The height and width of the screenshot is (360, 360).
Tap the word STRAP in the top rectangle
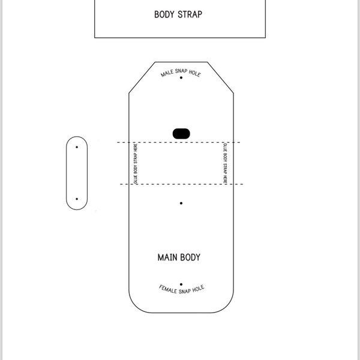190,14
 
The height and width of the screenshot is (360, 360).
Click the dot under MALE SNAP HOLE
181,77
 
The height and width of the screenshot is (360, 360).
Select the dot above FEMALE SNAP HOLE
181,284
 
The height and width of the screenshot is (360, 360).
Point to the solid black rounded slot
181,134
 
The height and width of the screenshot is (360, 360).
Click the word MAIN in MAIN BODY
166,257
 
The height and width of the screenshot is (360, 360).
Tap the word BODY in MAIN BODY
190,257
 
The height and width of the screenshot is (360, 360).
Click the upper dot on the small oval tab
77,147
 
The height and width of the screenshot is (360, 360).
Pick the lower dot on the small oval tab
77,199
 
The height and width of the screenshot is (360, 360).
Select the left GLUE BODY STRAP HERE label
136,163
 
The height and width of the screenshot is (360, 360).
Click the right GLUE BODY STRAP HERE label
225,163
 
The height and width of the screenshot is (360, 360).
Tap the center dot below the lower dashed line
181,203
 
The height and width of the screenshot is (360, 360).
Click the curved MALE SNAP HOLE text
181,73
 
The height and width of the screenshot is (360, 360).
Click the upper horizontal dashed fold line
179,142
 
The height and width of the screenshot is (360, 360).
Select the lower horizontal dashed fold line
181,184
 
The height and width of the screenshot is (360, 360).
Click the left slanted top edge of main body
142,77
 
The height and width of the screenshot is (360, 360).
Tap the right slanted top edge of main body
220,77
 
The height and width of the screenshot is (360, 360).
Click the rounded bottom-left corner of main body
136,306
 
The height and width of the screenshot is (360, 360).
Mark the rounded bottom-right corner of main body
227,306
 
